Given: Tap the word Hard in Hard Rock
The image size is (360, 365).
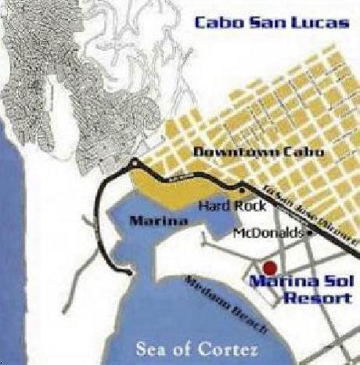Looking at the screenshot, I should [214, 206].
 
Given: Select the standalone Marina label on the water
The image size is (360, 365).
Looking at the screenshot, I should [159, 222].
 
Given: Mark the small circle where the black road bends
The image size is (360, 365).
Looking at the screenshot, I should [135, 162].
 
